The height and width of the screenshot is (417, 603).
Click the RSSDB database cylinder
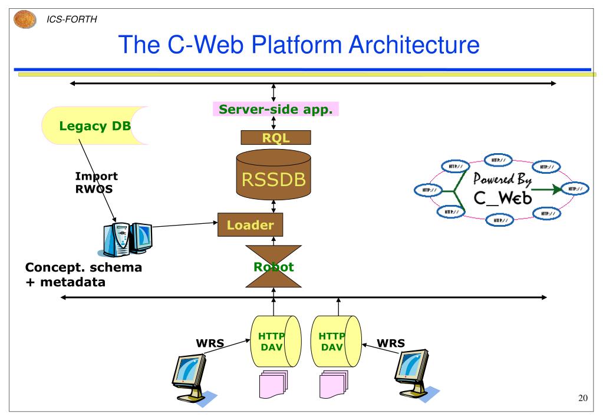click(273, 174)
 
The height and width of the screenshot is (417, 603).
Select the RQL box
click(276, 138)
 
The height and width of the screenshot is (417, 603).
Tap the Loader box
click(250, 224)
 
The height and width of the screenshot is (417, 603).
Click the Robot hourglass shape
click(273, 266)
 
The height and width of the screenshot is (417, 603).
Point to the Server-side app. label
click(276, 109)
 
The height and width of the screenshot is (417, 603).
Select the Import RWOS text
click(96, 182)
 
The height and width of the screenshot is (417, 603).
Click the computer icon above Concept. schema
click(126, 239)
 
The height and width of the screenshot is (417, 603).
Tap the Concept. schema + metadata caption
click(83, 274)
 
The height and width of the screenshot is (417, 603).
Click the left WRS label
click(210, 343)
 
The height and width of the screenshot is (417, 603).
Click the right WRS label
click(391, 343)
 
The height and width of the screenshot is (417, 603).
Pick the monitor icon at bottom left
click(190, 375)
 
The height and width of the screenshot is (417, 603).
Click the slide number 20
click(582, 399)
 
